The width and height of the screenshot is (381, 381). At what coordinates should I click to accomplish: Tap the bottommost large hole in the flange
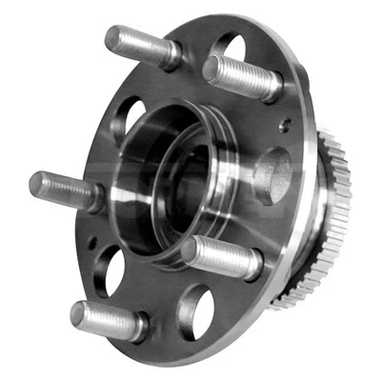(196, 309)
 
